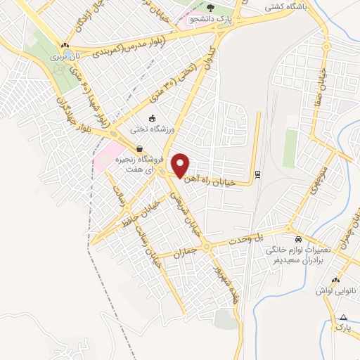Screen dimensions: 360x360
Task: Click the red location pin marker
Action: point(180,165)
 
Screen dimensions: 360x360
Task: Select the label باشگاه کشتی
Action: point(284,8)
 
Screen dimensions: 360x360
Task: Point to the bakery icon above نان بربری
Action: point(65,44)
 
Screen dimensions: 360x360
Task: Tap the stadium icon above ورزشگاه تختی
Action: point(153,118)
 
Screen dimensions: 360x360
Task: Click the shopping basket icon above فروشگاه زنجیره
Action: point(140,149)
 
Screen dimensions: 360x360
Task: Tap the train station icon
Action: point(257,174)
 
